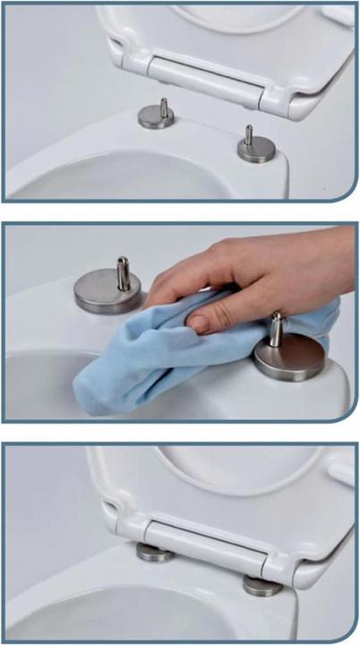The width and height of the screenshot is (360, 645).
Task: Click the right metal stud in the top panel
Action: [x=256, y=147]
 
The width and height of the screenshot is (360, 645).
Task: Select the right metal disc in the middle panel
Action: [x=289, y=358]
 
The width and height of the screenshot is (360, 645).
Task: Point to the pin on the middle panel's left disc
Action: [x=124, y=272]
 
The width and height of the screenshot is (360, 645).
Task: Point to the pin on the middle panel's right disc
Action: [x=279, y=329]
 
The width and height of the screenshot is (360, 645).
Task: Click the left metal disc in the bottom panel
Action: [x=155, y=553]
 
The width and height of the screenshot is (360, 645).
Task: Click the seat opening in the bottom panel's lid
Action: [x=233, y=470]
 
